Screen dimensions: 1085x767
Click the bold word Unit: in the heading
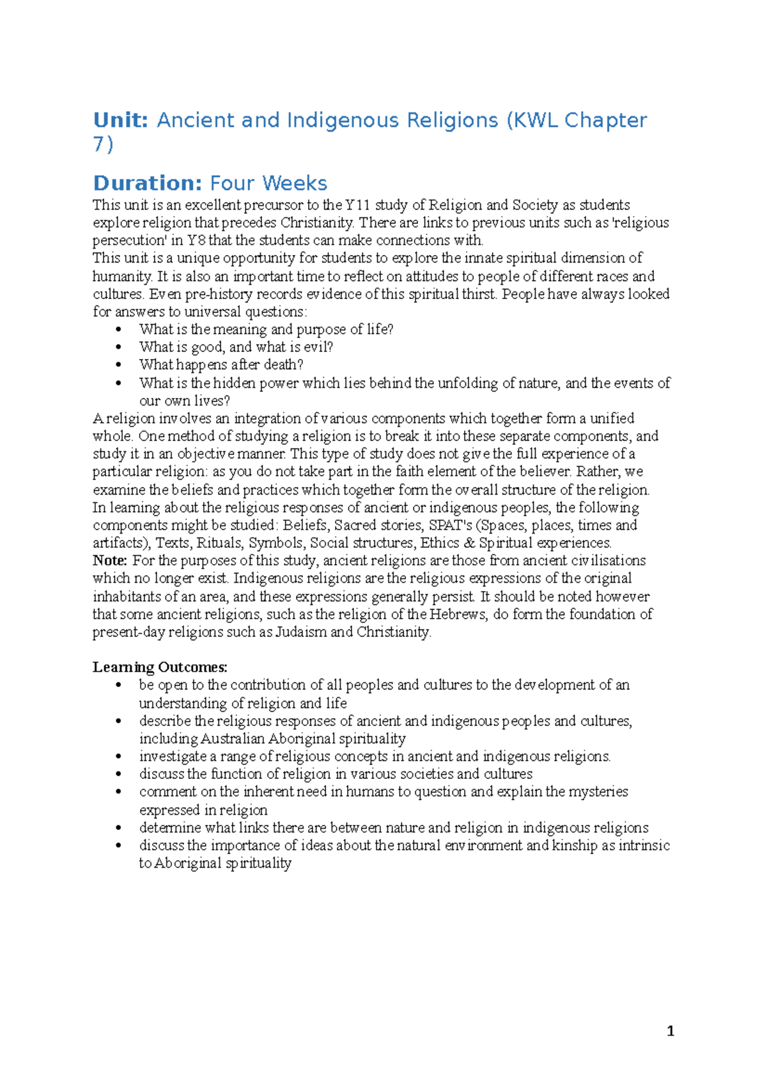121,120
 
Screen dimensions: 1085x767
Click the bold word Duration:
148,183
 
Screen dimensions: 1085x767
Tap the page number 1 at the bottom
670,1031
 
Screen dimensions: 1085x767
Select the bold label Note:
110,560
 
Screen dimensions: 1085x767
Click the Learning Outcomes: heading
160,667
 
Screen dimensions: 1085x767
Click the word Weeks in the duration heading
295,183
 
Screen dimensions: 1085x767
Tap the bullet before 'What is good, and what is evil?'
118,347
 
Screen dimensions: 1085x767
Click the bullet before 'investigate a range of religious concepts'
118,757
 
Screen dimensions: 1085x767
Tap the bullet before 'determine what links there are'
118,828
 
